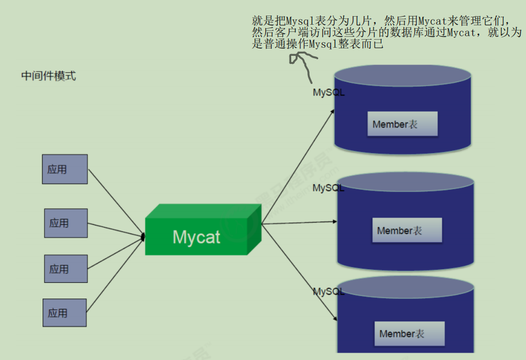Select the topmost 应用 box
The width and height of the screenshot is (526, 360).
pyautogui.click(x=65, y=169)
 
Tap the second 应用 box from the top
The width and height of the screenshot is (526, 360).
pyautogui.click(x=66, y=223)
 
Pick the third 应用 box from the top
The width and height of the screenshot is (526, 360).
pyautogui.click(x=66, y=269)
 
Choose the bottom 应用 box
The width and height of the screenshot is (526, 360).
pyautogui.click(x=64, y=313)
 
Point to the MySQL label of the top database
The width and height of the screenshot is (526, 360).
pyautogui.click(x=329, y=93)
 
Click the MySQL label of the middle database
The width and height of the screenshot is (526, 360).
pyautogui.click(x=329, y=188)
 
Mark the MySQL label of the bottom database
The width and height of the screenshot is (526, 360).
pyautogui.click(x=329, y=292)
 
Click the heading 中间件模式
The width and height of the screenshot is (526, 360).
pyautogui.click(x=48, y=76)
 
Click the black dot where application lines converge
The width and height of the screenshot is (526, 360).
pyautogui.click(x=143, y=236)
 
